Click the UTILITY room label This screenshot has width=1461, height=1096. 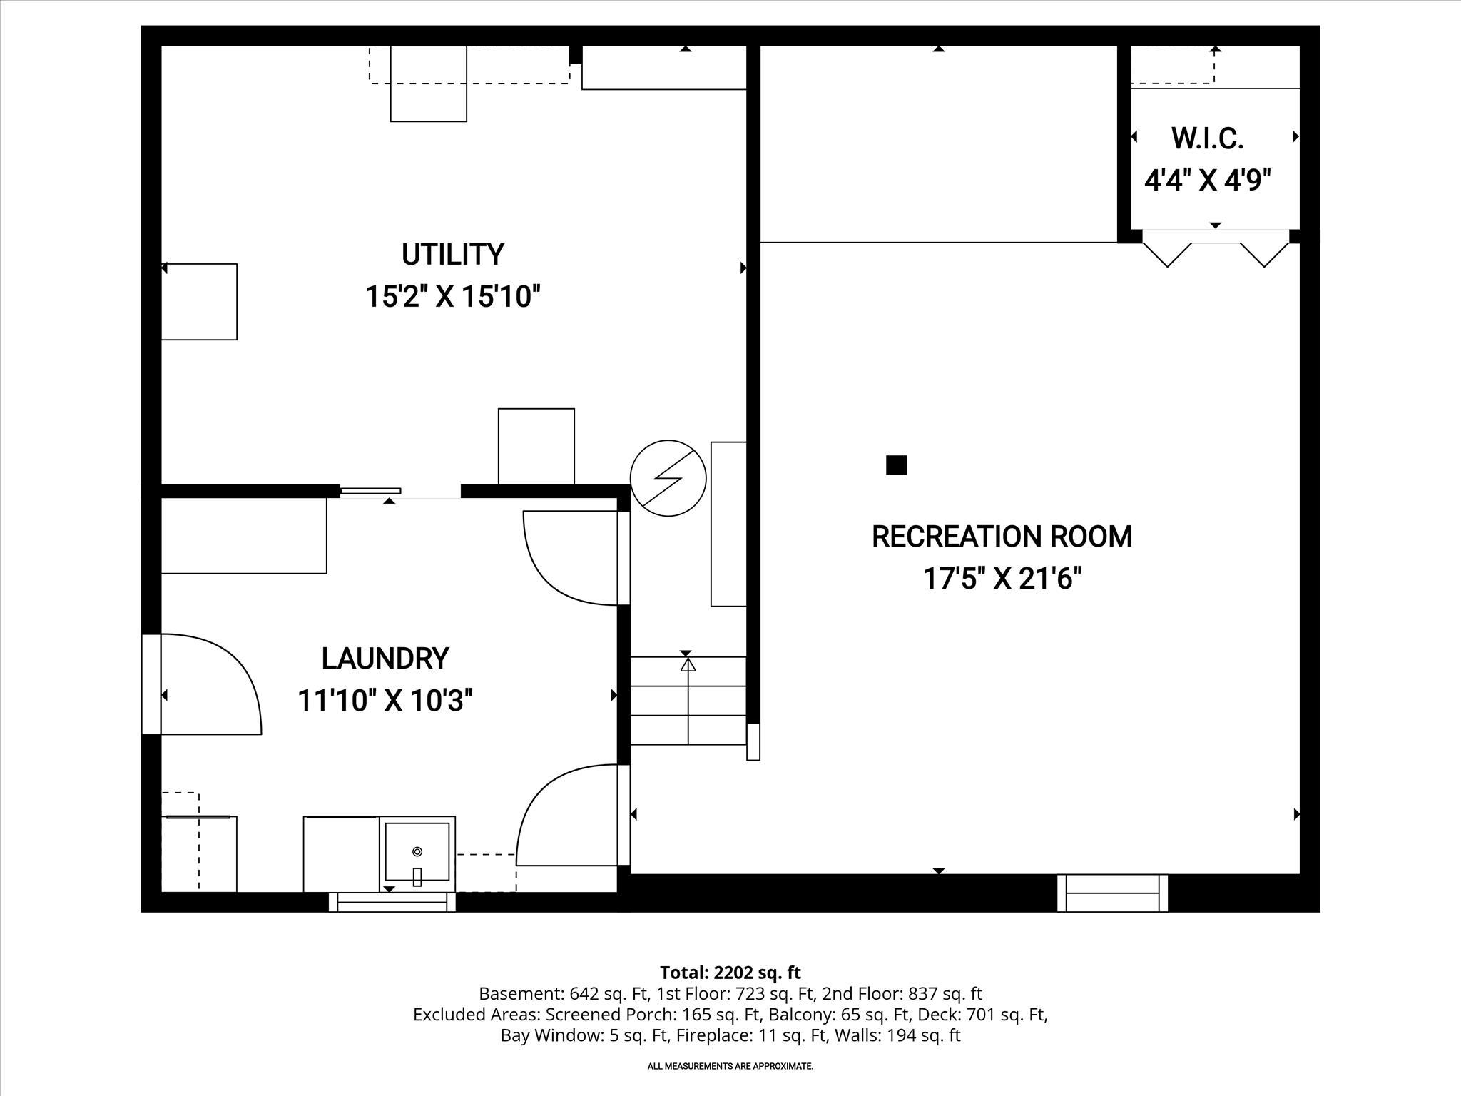(452, 255)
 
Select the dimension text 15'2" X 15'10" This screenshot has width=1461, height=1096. (452, 296)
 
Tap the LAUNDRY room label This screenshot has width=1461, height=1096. (385, 659)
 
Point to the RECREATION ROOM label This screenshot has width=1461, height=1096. (1002, 537)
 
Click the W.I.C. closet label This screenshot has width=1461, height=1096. (1207, 138)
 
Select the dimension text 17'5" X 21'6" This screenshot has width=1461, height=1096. (1002, 579)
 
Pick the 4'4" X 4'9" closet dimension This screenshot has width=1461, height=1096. (1208, 180)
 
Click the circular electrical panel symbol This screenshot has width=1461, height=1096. (668, 478)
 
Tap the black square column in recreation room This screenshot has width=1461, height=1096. (896, 465)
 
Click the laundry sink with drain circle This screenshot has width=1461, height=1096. (417, 852)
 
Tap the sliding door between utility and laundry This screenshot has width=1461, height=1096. (371, 491)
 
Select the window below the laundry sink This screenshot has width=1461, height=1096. (392, 903)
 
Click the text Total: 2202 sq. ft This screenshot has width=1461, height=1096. (730, 973)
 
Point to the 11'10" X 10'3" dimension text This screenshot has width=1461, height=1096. (385, 701)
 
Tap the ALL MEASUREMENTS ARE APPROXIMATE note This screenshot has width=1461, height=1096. (730, 1066)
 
